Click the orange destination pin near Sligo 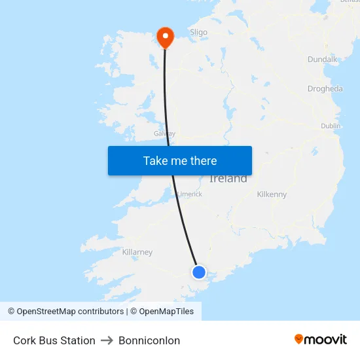[165, 36]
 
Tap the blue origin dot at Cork [199, 272]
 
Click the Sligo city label [198, 32]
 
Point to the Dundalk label [322, 60]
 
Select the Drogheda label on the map [325, 89]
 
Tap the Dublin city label [331, 126]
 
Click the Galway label [164, 134]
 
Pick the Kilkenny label [272, 194]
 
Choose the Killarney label [137, 252]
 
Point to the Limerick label [190, 194]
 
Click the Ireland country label [228, 179]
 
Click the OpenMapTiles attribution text [162, 312]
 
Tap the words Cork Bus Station [54, 340]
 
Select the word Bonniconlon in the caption [149, 340]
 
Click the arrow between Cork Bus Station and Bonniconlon [107, 340]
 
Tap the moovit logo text [325, 339]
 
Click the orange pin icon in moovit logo [299, 339]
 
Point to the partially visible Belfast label [350, 1]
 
